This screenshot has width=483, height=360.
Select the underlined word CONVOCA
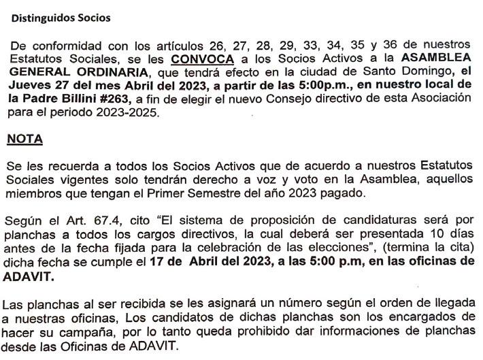pos(197,59)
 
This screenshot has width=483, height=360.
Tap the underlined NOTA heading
pos(25,140)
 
